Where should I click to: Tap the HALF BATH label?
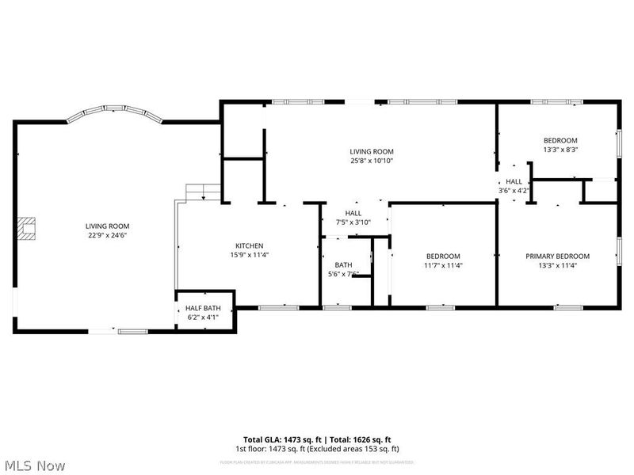point(204,308)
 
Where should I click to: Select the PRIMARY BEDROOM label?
point(557,256)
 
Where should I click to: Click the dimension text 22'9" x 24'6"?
point(107,235)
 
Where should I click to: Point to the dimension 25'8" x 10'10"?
point(372,161)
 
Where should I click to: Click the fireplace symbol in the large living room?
point(29,228)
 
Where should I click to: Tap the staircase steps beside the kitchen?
point(204,192)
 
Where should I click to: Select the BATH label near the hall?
point(343,265)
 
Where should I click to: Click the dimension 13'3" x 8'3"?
point(560,150)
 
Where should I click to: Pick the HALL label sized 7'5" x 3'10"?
point(353,213)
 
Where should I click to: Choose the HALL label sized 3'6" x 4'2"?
point(514,181)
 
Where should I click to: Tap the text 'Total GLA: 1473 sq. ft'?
point(277,439)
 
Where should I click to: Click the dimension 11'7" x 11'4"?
point(443,265)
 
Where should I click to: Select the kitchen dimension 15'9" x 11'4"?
point(249,255)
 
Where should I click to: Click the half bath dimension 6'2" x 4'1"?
point(204,317)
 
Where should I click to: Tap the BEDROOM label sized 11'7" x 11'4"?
point(443,256)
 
